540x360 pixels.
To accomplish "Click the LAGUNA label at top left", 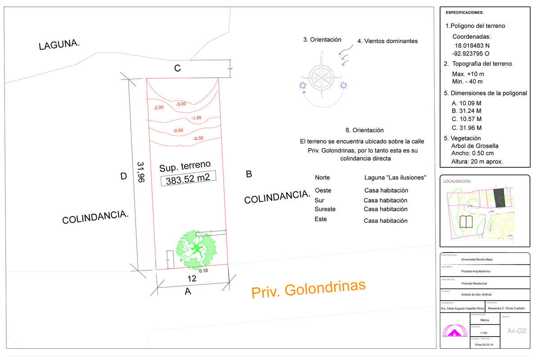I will tap(59, 45).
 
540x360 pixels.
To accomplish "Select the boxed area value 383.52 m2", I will tap(188, 179).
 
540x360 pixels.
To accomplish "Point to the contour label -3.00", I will tap(181, 104).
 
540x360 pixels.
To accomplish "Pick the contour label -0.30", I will tap(198, 138).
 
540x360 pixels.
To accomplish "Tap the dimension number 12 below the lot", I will tap(192, 279).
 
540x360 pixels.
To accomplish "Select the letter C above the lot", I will tap(178, 68).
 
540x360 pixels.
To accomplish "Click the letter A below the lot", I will tap(188, 292).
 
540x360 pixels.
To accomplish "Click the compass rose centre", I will tap(322, 75).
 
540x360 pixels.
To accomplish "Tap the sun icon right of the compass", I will tap(344, 85).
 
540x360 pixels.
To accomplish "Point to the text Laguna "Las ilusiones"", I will tap(395, 177).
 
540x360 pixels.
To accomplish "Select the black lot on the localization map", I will tap(498, 196).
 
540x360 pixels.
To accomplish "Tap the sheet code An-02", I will tap(517, 331).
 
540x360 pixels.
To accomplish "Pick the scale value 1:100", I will tap(484, 333).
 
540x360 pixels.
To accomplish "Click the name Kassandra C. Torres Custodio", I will tap(506, 308).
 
